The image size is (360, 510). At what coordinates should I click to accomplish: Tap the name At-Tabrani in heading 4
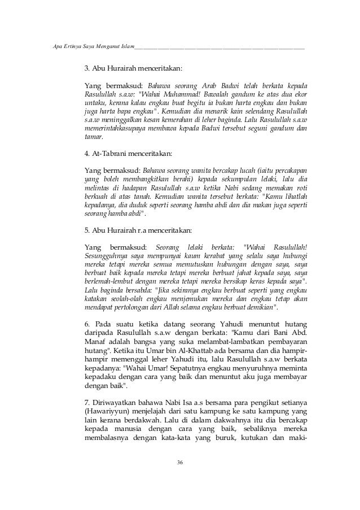(107, 152)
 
